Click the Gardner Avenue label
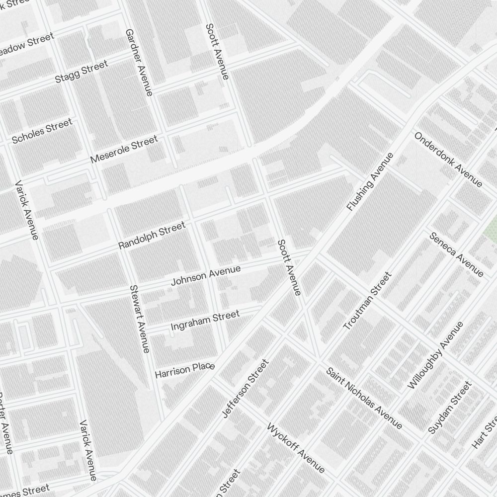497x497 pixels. click(x=139, y=62)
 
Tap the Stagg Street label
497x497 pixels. click(x=81, y=73)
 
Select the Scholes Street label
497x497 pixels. click(x=42, y=131)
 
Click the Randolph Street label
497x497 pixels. click(x=152, y=236)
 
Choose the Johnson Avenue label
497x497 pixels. click(x=205, y=276)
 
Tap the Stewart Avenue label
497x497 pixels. click(x=139, y=319)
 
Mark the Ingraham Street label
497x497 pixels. click(x=205, y=321)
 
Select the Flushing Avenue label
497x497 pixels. click(x=370, y=182)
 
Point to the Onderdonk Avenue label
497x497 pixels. click(x=448, y=160)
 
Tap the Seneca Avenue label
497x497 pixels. click(x=456, y=254)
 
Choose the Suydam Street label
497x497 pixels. click(x=449, y=407)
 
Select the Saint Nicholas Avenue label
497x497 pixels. click(x=364, y=398)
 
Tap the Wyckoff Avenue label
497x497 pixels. click(x=296, y=448)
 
